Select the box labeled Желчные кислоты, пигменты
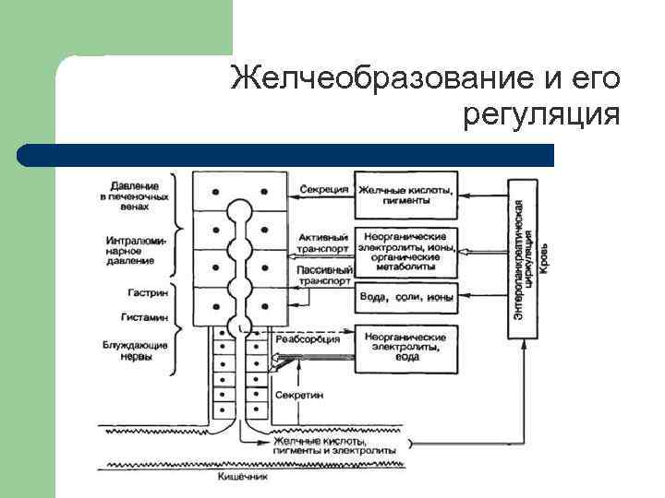pyautogui.click(x=406, y=195)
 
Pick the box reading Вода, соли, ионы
pyautogui.click(x=406, y=298)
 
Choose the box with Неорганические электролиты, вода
pyautogui.click(x=406, y=347)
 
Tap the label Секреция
pyautogui.click(x=324, y=190)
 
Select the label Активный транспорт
pyautogui.click(x=324, y=243)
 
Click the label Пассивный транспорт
pyautogui.click(x=324, y=276)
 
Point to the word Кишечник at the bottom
pyautogui.click(x=243, y=478)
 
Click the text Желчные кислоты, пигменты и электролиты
pyautogui.click(x=335, y=445)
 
